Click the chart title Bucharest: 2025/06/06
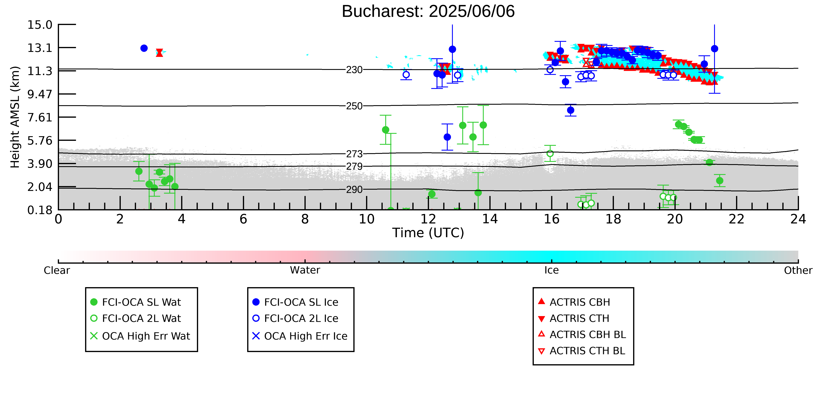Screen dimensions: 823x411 click(x=428, y=11)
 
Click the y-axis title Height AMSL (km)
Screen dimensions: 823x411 click(x=15, y=117)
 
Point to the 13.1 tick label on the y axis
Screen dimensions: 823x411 click(x=40, y=48)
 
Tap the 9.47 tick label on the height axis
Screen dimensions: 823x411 click(x=40, y=94)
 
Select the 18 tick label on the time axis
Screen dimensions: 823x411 click(x=613, y=219)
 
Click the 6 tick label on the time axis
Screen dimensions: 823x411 click(x=243, y=219)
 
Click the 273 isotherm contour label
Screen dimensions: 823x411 click(x=354, y=154)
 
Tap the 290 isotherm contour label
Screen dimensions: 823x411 click(x=354, y=189)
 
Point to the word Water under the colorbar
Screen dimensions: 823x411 click(x=305, y=270)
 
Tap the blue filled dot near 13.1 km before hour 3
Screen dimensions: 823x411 click(x=144, y=48)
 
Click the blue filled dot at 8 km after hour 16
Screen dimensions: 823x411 click(x=571, y=110)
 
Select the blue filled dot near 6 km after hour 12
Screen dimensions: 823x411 click(x=447, y=137)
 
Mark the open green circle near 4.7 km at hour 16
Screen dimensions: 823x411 click(x=550, y=154)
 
